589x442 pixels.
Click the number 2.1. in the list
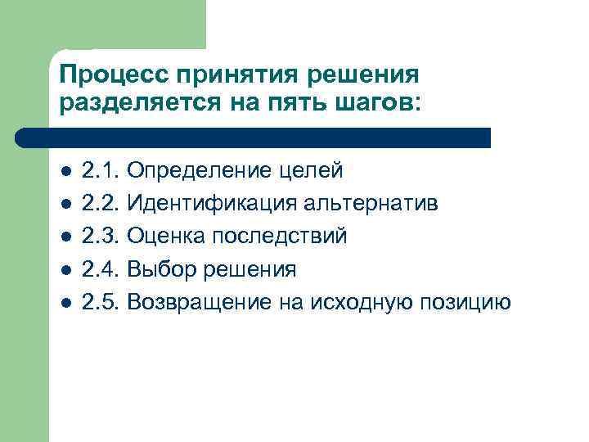pos(102,170)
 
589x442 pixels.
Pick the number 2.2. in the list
pos(102,203)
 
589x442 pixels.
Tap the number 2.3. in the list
pos(102,236)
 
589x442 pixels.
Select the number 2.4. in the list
pos(102,269)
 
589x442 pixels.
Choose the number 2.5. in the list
pos(102,302)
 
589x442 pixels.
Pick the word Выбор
pos(162,269)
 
